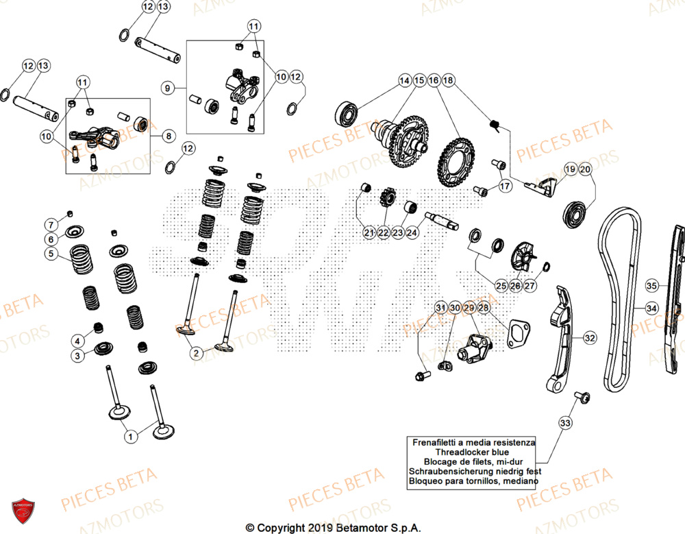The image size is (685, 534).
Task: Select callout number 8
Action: coord(168,136)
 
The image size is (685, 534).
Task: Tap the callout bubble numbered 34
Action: coord(651,309)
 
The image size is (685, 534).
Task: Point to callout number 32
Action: coord(590,337)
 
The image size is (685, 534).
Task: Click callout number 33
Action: coord(565,423)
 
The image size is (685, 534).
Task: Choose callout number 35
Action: coord(651,284)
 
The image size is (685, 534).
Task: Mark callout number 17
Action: coord(505,186)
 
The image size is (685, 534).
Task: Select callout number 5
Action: coord(51,254)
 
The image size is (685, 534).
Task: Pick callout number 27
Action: coord(530,286)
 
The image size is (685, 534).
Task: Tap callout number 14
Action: coord(404,80)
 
